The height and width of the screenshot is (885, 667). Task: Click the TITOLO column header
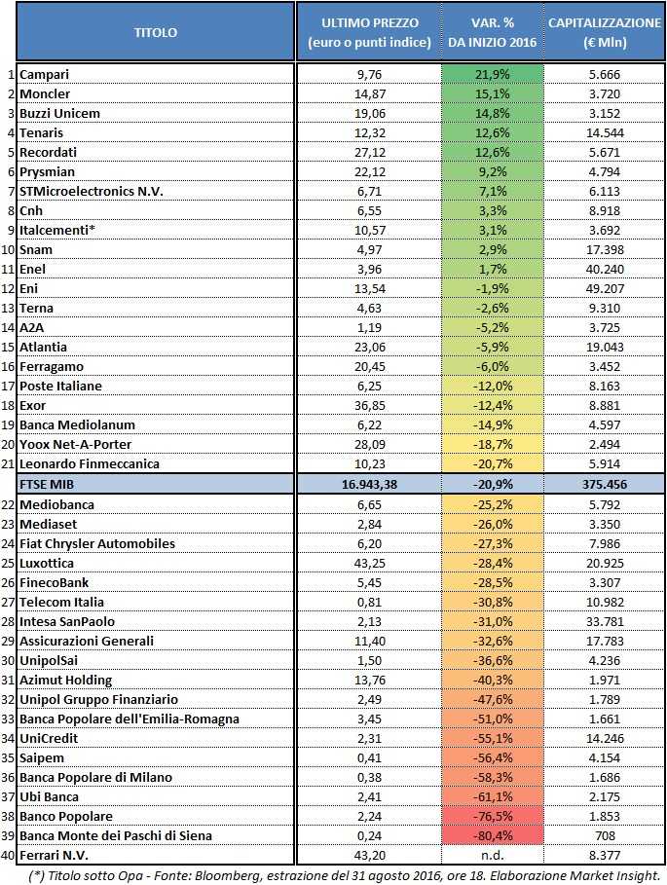[156, 32]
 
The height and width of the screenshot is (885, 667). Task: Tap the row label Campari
[44, 74]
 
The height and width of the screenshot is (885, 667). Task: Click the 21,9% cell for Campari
[492, 74]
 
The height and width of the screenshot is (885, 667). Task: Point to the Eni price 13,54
[368, 289]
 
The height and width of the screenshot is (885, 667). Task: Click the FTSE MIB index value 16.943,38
[368, 484]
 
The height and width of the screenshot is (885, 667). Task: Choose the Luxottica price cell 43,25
[368, 564]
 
